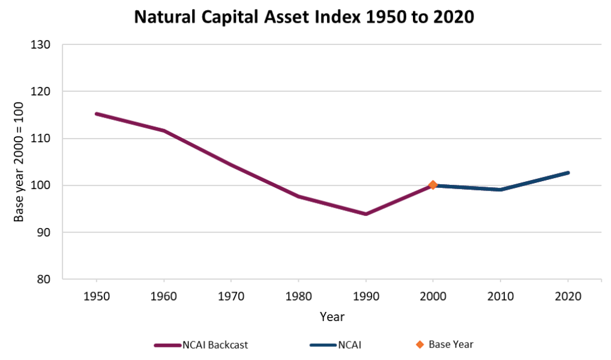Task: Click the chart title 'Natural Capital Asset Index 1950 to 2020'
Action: (304, 17)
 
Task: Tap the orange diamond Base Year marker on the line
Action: (433, 185)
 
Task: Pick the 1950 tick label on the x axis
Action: (96, 296)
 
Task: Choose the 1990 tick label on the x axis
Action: (366, 296)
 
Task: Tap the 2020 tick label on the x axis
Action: (568, 296)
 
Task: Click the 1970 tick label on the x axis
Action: (231, 296)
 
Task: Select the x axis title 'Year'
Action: (332, 316)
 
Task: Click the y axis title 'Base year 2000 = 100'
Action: (19, 162)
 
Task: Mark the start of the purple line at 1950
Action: (97, 113)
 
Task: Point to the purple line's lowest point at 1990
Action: (366, 214)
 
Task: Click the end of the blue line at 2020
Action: (568, 173)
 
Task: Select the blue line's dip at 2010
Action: (501, 190)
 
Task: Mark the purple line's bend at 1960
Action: (164, 130)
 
